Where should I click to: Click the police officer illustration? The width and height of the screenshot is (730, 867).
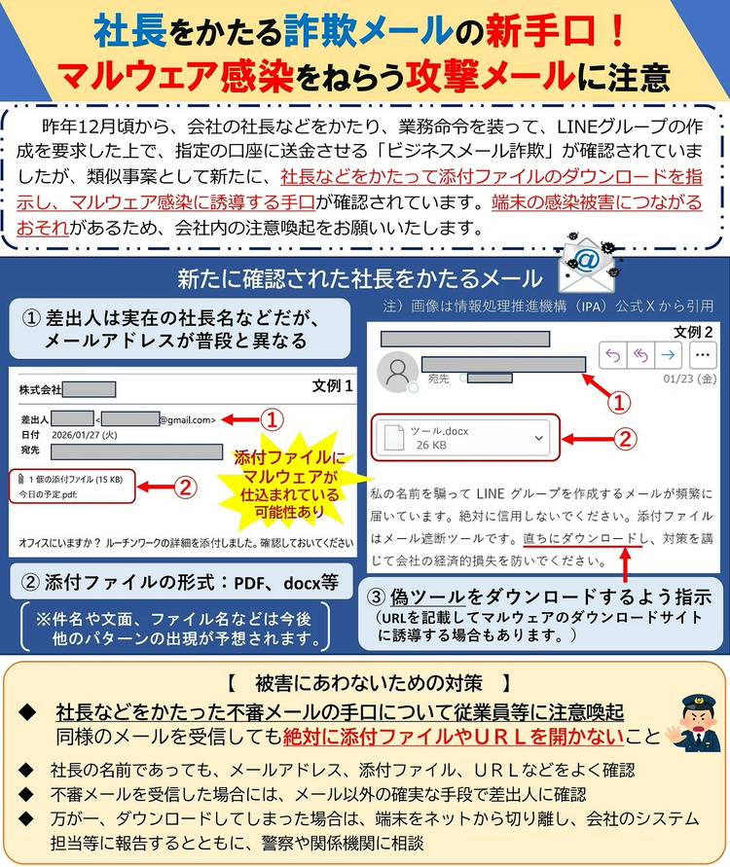693,724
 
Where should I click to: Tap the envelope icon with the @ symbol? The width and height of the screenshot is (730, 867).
588,265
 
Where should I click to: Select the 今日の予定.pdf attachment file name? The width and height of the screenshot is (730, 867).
48,494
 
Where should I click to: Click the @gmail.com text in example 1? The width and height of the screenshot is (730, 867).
188,419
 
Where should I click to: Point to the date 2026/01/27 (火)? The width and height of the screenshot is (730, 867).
84,435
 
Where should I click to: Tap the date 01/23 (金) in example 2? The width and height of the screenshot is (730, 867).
690,379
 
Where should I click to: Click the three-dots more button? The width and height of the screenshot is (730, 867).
703,354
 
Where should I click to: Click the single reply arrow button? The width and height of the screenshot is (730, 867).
613,354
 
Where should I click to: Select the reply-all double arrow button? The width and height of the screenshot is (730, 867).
640,354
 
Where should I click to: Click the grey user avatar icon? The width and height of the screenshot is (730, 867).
397,372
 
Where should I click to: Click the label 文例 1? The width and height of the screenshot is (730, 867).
332,385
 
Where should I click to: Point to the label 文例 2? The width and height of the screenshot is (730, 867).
692,332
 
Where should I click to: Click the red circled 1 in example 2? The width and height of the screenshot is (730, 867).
619,402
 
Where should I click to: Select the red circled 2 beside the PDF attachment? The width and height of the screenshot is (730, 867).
185,488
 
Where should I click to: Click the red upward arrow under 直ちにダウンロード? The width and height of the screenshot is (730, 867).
625,564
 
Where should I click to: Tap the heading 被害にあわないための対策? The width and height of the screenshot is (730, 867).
369,683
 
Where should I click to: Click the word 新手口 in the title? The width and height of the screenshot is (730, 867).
540,31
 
